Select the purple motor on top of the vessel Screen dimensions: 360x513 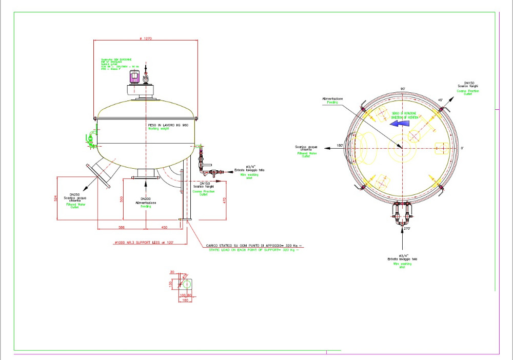pyautogui.click(x=135, y=77)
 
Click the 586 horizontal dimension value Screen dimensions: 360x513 pyautogui.click(x=122, y=226)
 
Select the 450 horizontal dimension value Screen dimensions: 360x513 pyautogui.click(x=164, y=226)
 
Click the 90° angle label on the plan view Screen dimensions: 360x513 pyautogui.click(x=403, y=89)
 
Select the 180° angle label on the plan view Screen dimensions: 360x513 pyautogui.click(x=339, y=146)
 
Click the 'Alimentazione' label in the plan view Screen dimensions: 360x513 pyautogui.click(x=332, y=98)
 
